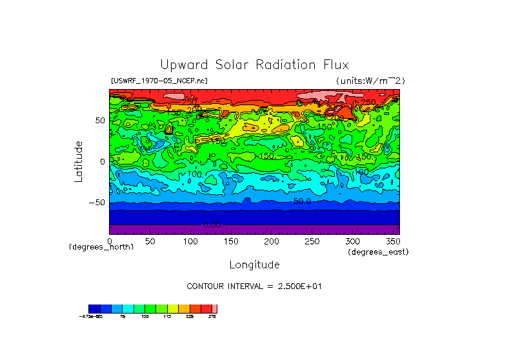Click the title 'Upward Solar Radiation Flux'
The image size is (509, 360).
tap(254, 65)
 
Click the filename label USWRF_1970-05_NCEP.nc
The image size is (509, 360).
tap(159, 81)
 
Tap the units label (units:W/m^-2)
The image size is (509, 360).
tap(370, 81)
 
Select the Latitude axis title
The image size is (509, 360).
tap(79, 161)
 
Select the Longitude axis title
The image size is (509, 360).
tap(254, 265)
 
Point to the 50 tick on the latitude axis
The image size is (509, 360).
tap(100, 121)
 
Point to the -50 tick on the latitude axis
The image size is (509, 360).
tap(97, 203)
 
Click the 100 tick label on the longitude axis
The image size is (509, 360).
tap(190, 241)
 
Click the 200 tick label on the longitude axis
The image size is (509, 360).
tap(272, 241)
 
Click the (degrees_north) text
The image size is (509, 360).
tap(101, 247)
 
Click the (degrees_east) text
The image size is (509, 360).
tap(378, 252)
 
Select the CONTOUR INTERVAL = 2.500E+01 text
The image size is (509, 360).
tap(254, 286)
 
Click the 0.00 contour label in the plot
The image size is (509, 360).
tap(212, 225)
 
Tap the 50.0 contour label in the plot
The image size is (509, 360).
tap(302, 201)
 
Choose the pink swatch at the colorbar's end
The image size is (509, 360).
tap(215, 308)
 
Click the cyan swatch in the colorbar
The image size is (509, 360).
tap(128, 308)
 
